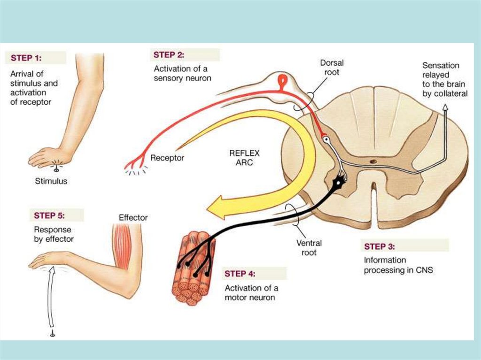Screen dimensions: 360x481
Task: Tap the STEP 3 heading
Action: pos(379,246)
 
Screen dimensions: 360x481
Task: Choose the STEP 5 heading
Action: pos(49,216)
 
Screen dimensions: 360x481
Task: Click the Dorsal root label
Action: pos(332,68)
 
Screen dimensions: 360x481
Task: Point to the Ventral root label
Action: pos(309,248)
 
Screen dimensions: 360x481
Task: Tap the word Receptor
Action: pos(167,158)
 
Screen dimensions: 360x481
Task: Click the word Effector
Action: pos(133,218)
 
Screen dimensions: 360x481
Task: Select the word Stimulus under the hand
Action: pos(51,181)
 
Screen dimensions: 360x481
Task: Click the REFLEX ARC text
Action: pos(244,158)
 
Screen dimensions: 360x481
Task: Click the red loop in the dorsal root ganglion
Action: pos(283,81)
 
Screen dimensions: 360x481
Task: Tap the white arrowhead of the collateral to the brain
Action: pos(445,108)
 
